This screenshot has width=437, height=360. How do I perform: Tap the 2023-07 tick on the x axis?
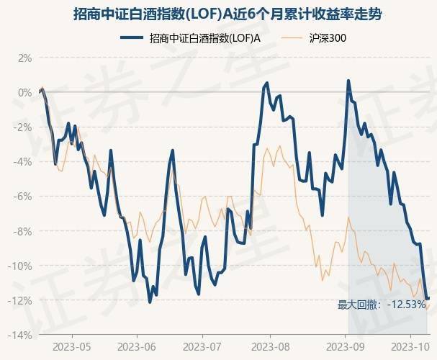[204, 346]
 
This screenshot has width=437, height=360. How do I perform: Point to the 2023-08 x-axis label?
[271, 346]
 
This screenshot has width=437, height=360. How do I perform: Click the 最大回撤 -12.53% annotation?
[382, 305]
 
